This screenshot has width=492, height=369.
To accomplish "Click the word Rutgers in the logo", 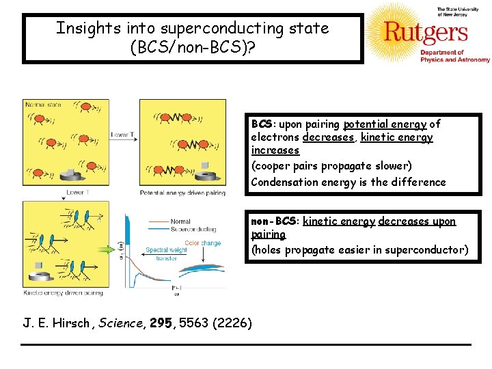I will (425, 33).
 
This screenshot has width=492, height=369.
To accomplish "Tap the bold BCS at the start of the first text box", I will (262, 124).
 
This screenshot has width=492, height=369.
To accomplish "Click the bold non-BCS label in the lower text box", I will (274, 221).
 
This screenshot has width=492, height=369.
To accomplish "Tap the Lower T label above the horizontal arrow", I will (122, 135).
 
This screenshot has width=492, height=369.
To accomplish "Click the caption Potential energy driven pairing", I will (182, 193).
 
